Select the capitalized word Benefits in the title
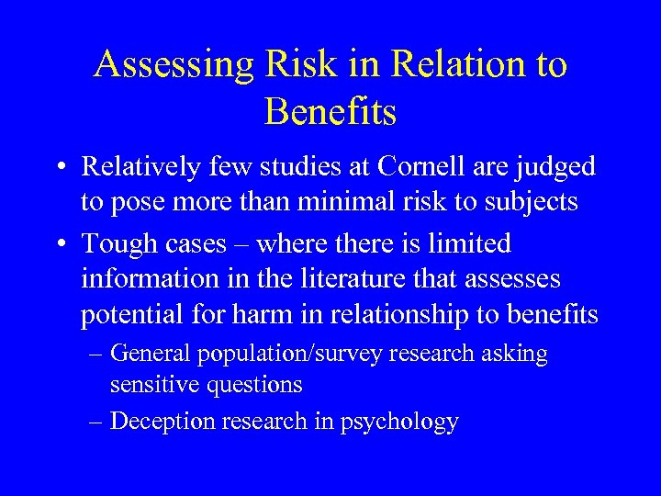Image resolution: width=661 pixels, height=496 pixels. [330, 112]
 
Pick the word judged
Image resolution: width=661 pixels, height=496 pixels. [559, 168]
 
